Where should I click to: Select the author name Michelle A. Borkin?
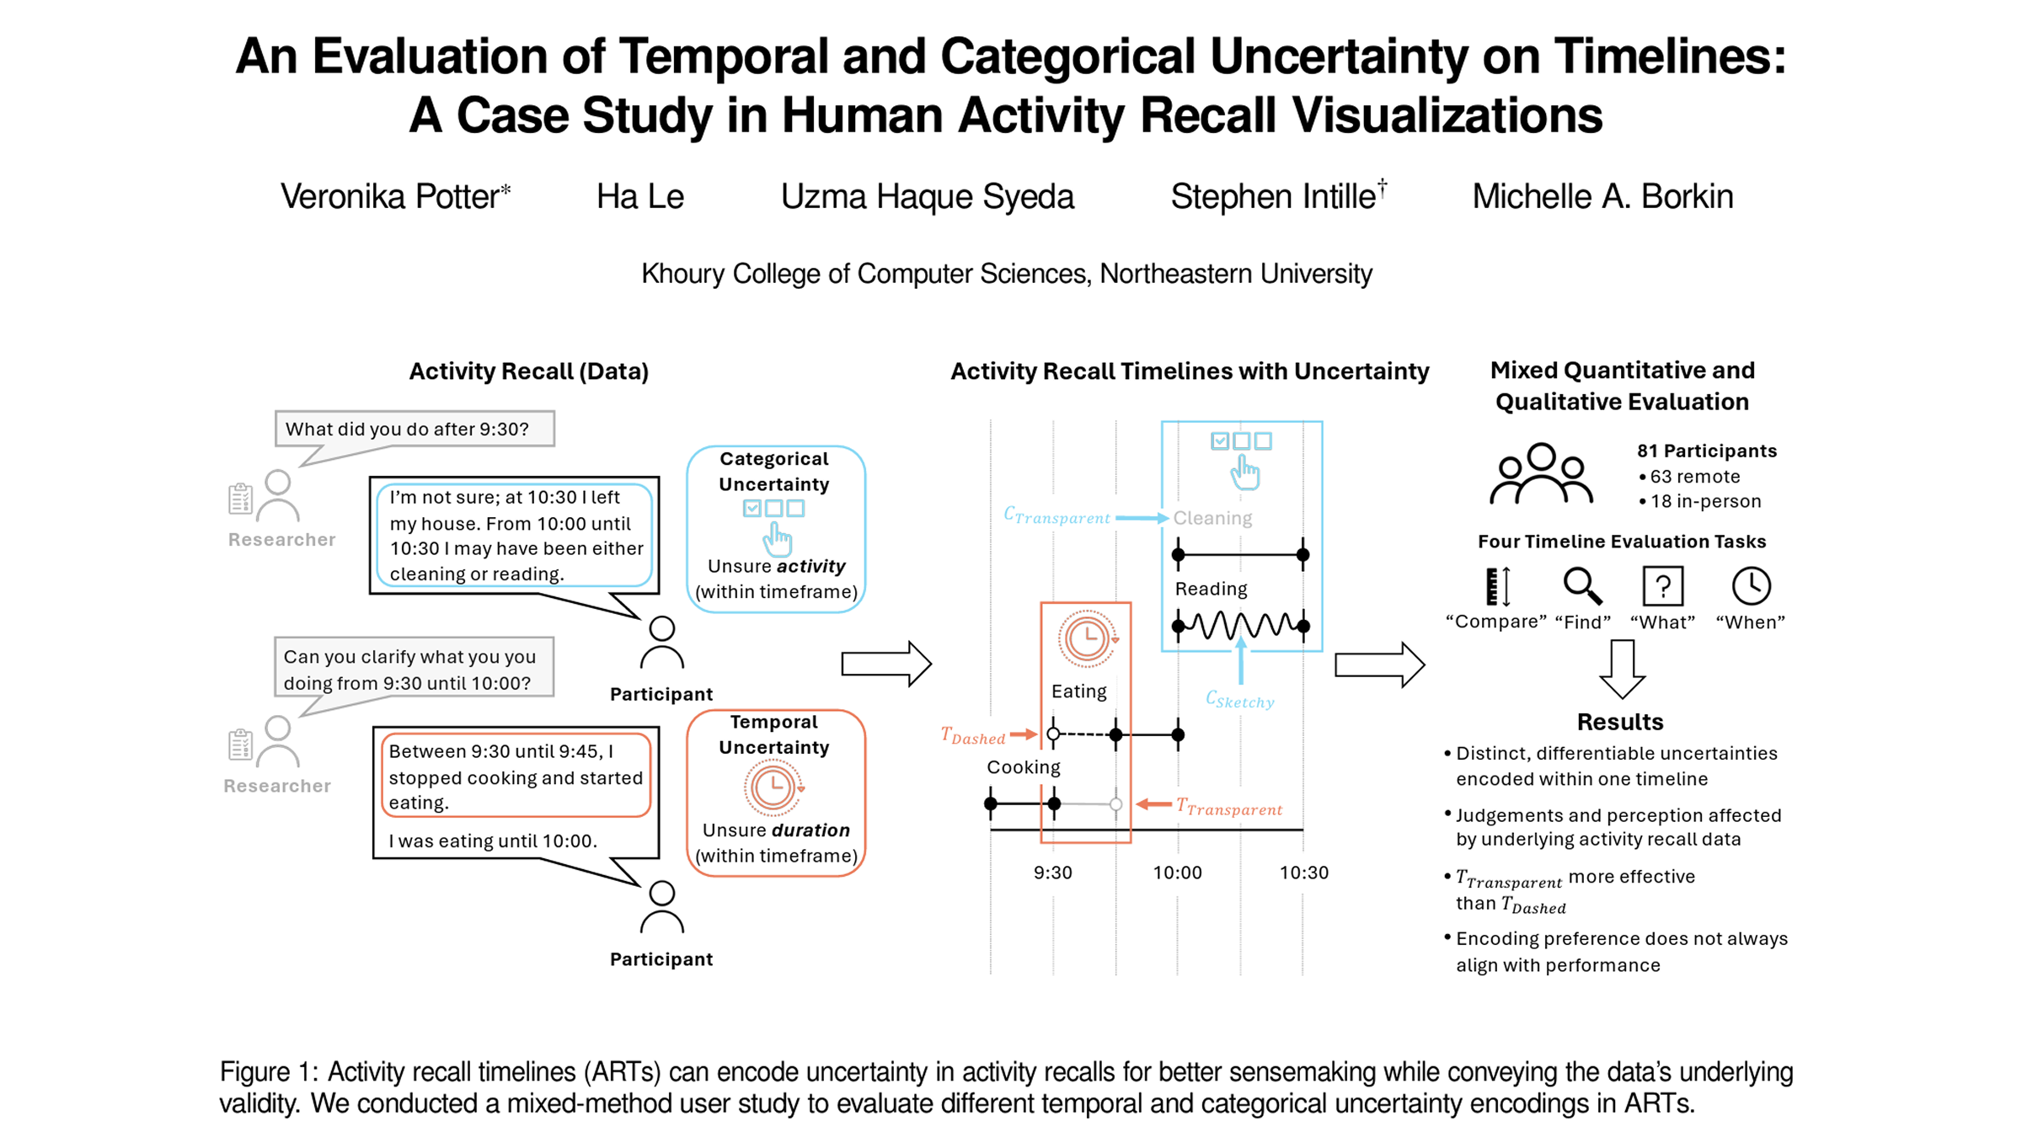pos(1602,197)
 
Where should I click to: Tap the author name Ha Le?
pos(639,197)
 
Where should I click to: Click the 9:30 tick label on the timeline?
pos(1053,873)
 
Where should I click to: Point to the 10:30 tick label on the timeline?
pos(1303,873)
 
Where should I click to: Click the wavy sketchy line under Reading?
pos(1241,626)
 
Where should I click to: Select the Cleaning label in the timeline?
pos(1212,518)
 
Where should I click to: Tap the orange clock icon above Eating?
pos(1087,639)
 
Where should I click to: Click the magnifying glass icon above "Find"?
pos(1582,586)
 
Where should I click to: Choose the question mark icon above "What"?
pos(1663,586)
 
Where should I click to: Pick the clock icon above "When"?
pos(1751,586)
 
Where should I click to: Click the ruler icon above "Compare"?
pos(1498,586)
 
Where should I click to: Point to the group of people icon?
pos(1541,474)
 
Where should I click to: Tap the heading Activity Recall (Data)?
pos(528,371)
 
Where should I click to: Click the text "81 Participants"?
pos(1707,451)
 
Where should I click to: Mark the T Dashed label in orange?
pos(973,737)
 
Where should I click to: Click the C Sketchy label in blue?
pos(1239,700)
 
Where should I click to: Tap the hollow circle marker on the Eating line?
pos(1053,734)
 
